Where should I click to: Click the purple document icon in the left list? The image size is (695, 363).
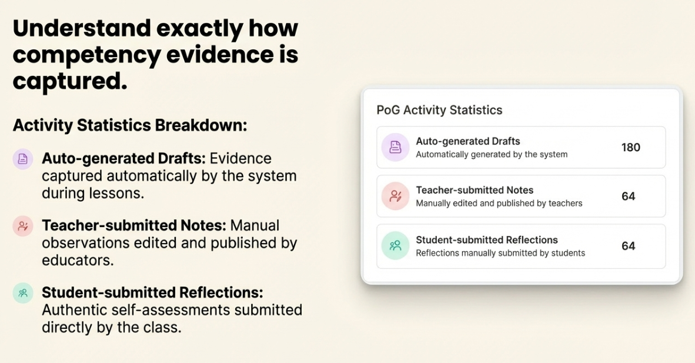click(x=22, y=158)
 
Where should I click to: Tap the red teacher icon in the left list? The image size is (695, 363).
click(x=22, y=227)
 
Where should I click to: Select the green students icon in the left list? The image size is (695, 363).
click(x=22, y=293)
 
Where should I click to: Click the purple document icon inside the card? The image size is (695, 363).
click(x=395, y=147)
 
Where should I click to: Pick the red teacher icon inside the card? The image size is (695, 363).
click(x=395, y=196)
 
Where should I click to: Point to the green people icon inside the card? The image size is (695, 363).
click(x=395, y=245)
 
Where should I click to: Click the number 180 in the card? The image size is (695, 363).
click(x=631, y=147)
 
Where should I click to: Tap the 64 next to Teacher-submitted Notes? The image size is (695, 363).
click(x=629, y=196)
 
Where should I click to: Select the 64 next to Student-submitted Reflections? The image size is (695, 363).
click(x=629, y=246)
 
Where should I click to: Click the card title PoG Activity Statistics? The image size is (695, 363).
click(x=439, y=110)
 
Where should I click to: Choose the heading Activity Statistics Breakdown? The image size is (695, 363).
click(x=130, y=125)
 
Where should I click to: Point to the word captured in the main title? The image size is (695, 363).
click(x=70, y=81)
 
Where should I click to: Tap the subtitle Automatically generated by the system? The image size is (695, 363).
click(x=492, y=154)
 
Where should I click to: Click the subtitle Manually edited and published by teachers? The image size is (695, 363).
click(x=499, y=203)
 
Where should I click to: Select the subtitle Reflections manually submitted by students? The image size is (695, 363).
click(x=500, y=253)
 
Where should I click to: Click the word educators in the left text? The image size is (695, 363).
click(x=78, y=260)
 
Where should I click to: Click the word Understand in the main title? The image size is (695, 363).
click(x=82, y=28)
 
